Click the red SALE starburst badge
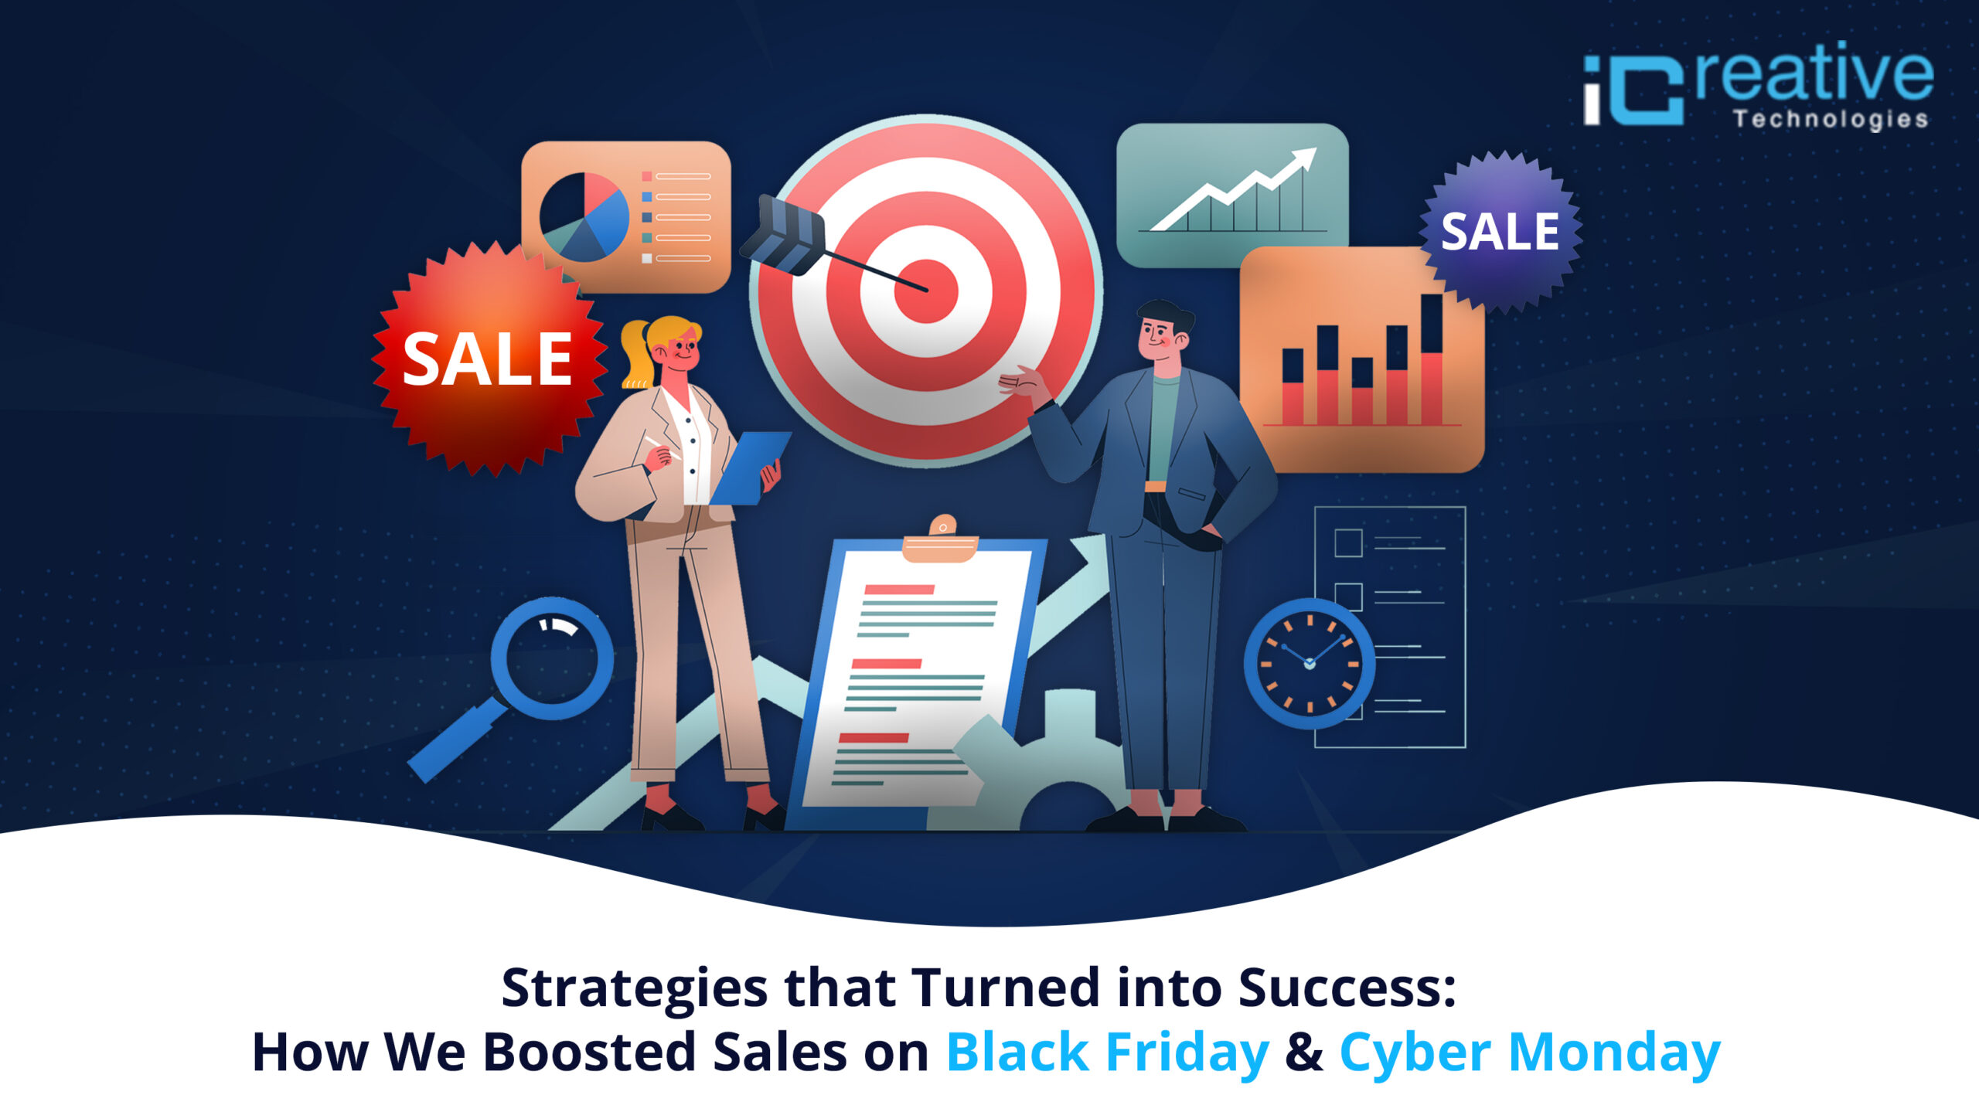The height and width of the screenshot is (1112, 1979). coord(489,359)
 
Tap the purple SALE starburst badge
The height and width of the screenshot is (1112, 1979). coord(1500,231)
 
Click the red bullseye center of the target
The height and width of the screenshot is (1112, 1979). coord(926,291)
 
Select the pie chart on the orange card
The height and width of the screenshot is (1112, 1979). coord(584,217)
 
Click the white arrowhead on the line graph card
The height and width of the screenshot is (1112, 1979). coord(1303,158)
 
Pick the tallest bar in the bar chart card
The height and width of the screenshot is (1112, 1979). coord(1432,359)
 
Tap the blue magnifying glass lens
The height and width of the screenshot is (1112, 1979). coord(552,658)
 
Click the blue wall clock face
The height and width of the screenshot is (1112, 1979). coord(1309,664)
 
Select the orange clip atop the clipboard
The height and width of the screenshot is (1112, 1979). coord(941,540)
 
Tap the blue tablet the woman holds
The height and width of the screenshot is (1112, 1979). coord(749,468)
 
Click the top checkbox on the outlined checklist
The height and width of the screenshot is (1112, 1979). coord(1348,542)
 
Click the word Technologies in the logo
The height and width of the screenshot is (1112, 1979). coord(1830,119)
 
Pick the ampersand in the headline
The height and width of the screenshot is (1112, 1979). coord(1304,1052)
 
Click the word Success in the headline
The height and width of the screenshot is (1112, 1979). coord(1347,988)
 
